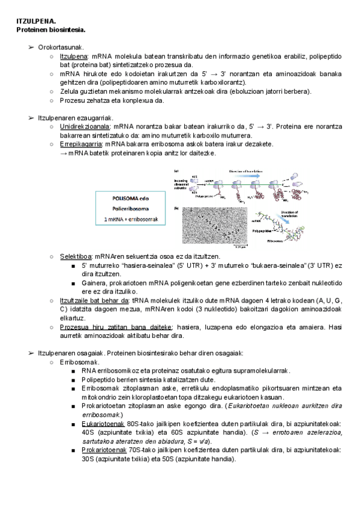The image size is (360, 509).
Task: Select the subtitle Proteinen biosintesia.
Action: pos(51,29)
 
